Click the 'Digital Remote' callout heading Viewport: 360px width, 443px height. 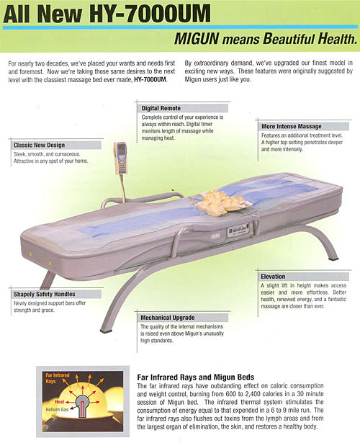click(x=161, y=108)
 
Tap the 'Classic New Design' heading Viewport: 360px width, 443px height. click(x=40, y=146)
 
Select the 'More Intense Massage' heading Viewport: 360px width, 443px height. click(x=292, y=126)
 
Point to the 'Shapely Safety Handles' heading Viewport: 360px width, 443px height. click(x=45, y=294)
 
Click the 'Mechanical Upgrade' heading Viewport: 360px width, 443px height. click(x=168, y=318)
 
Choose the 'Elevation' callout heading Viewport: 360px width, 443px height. click(x=273, y=277)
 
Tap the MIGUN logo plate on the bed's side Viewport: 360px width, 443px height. click(x=238, y=231)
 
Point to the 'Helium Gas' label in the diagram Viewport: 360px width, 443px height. click(x=57, y=409)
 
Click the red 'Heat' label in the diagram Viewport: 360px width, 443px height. click(x=59, y=401)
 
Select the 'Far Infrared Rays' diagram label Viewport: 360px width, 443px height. click(x=58, y=378)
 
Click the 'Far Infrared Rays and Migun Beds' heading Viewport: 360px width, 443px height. click(x=195, y=377)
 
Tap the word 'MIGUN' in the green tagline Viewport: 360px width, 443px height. click(x=197, y=39)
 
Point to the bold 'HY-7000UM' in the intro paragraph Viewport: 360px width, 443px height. click(x=150, y=79)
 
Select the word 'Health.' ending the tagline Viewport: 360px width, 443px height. click(x=338, y=39)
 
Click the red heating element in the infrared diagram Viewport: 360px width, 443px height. click(x=82, y=406)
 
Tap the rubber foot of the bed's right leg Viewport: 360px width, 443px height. click(x=334, y=258)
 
